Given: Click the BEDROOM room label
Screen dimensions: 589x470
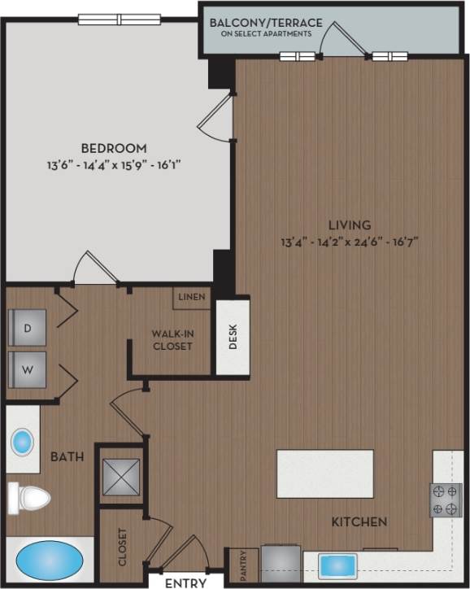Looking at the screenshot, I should tap(113, 148).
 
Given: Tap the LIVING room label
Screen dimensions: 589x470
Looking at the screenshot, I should tap(350, 225).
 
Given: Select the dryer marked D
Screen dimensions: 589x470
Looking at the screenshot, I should tap(27, 328).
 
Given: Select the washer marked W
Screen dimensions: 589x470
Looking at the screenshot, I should tap(27, 370).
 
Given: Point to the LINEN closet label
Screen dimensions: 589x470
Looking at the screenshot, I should tap(192, 298).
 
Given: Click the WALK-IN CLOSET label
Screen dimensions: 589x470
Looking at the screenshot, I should tap(172, 339).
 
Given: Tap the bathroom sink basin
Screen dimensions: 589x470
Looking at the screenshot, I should tap(22, 443).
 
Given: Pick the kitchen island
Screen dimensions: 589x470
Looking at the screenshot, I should tap(324, 473).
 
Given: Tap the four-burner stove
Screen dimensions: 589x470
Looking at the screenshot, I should tap(446, 500).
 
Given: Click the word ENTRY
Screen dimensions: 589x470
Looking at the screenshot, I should tap(185, 582).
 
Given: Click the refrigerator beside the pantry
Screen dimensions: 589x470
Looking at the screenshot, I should tap(281, 565).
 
